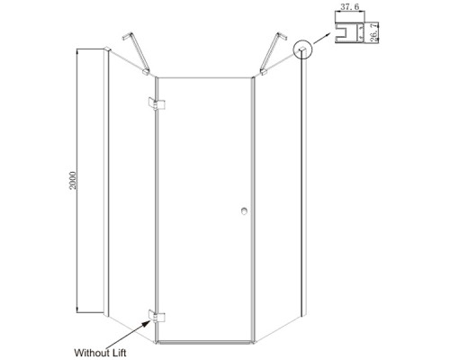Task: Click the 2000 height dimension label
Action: (x=73, y=180)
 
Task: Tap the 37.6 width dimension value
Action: (x=350, y=7)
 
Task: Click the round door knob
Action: (x=244, y=211)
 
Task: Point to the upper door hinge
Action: (x=157, y=103)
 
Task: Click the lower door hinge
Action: (x=157, y=317)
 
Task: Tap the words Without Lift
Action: (x=100, y=353)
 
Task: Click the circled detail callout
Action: (x=303, y=49)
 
